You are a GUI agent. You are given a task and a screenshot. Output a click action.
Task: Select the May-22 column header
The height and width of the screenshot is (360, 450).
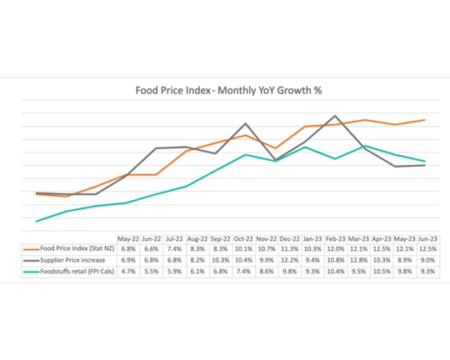click(128, 237)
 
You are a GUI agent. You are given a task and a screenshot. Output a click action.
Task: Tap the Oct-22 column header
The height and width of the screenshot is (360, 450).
click(243, 237)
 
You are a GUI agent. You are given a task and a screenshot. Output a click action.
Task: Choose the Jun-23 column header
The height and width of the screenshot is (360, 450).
click(427, 237)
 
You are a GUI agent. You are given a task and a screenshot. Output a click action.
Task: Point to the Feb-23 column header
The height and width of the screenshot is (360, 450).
click(335, 237)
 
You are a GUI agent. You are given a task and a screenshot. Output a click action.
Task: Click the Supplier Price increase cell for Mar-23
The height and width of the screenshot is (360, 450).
click(358, 260)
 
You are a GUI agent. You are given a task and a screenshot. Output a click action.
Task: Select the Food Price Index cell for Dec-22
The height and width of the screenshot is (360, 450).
click(289, 248)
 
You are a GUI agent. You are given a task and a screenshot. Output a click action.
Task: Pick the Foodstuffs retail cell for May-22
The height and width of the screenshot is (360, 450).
click(128, 272)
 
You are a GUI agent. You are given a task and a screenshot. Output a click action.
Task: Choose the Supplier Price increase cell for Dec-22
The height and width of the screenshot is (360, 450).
click(289, 260)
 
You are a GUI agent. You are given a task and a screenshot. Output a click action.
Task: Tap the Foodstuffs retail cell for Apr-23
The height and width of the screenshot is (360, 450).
click(382, 272)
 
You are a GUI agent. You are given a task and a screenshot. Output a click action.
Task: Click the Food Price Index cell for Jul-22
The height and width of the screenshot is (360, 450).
click(174, 248)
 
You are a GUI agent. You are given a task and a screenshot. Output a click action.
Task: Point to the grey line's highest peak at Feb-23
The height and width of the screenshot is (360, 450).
click(335, 116)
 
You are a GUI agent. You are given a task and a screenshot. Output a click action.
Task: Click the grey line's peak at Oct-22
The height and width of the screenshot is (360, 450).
click(245, 123)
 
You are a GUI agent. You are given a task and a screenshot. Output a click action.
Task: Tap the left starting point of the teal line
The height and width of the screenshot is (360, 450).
click(37, 222)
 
